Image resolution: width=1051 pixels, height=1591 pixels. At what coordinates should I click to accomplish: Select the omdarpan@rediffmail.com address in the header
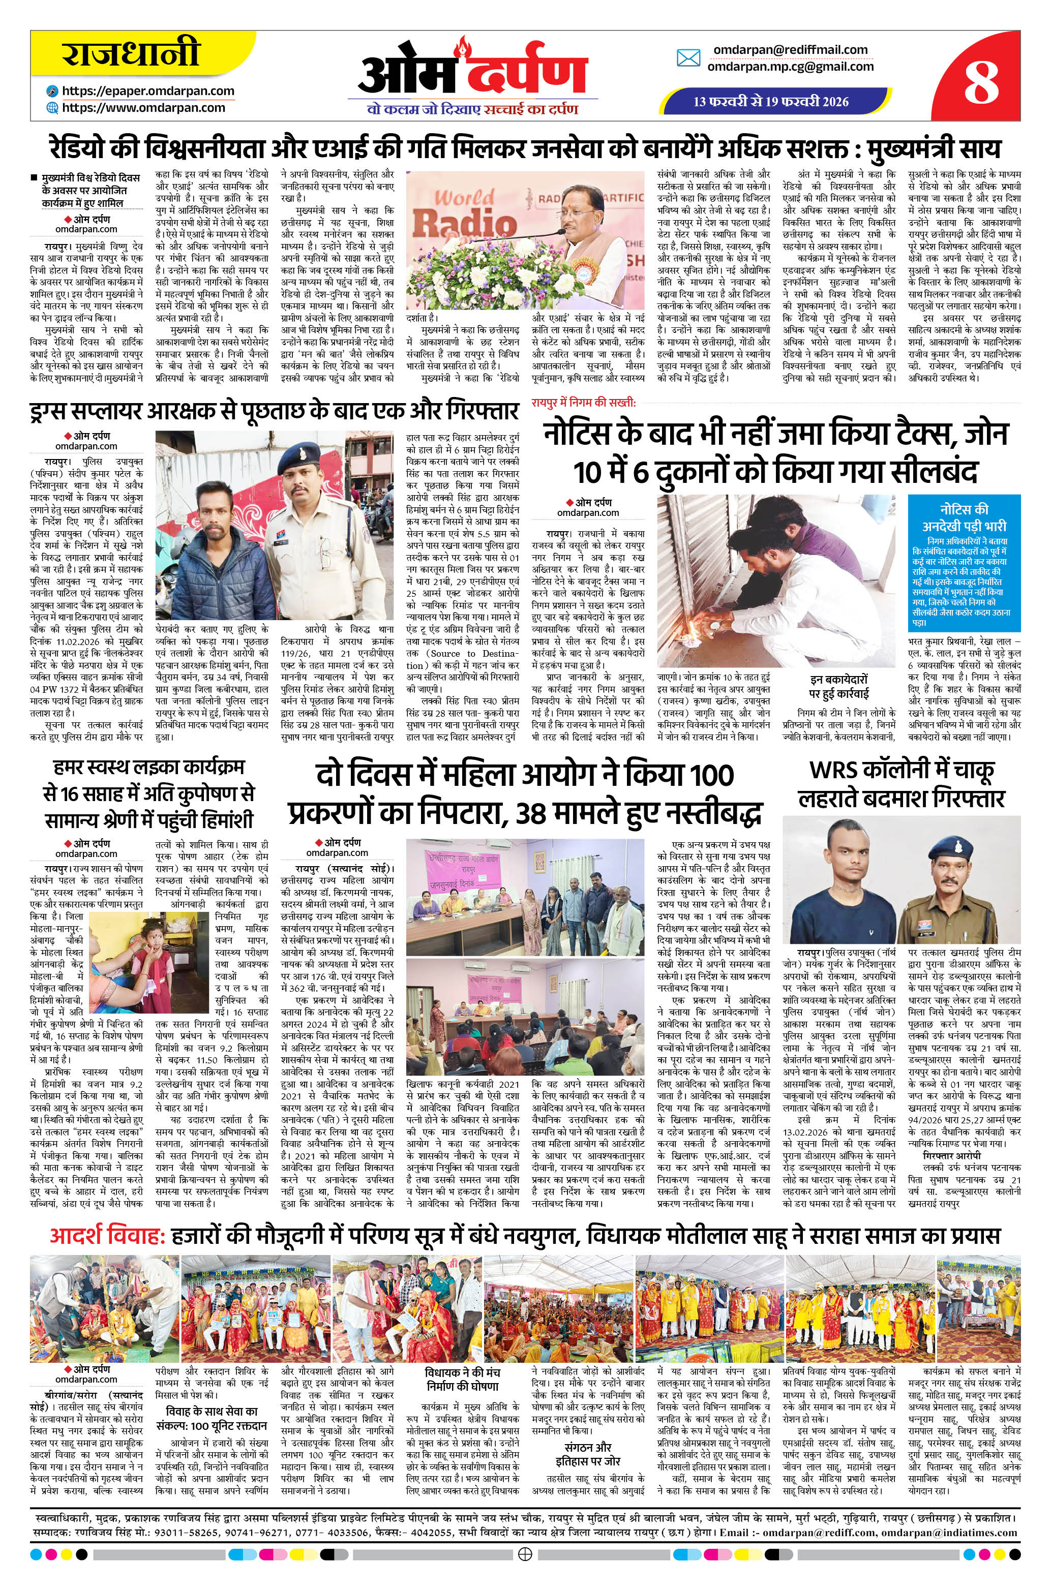tap(790, 50)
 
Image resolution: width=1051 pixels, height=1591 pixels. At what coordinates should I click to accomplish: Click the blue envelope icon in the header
tap(688, 58)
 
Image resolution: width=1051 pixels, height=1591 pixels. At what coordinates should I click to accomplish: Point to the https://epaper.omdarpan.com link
tap(147, 91)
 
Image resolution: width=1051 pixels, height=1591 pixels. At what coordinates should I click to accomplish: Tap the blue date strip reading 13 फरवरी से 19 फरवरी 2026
tap(771, 102)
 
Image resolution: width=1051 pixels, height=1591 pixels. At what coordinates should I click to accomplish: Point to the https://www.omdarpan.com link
tap(143, 107)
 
